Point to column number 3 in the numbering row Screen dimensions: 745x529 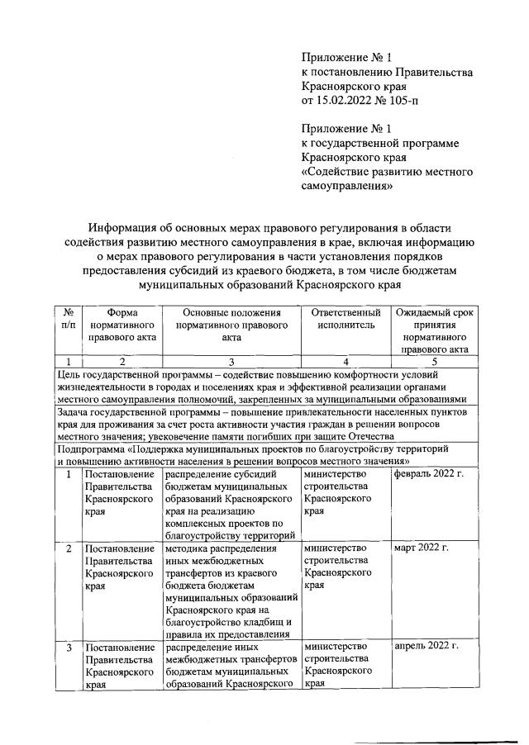click(x=232, y=362)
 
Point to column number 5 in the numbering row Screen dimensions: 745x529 click(x=436, y=362)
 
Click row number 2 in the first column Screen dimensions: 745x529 click(x=69, y=549)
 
